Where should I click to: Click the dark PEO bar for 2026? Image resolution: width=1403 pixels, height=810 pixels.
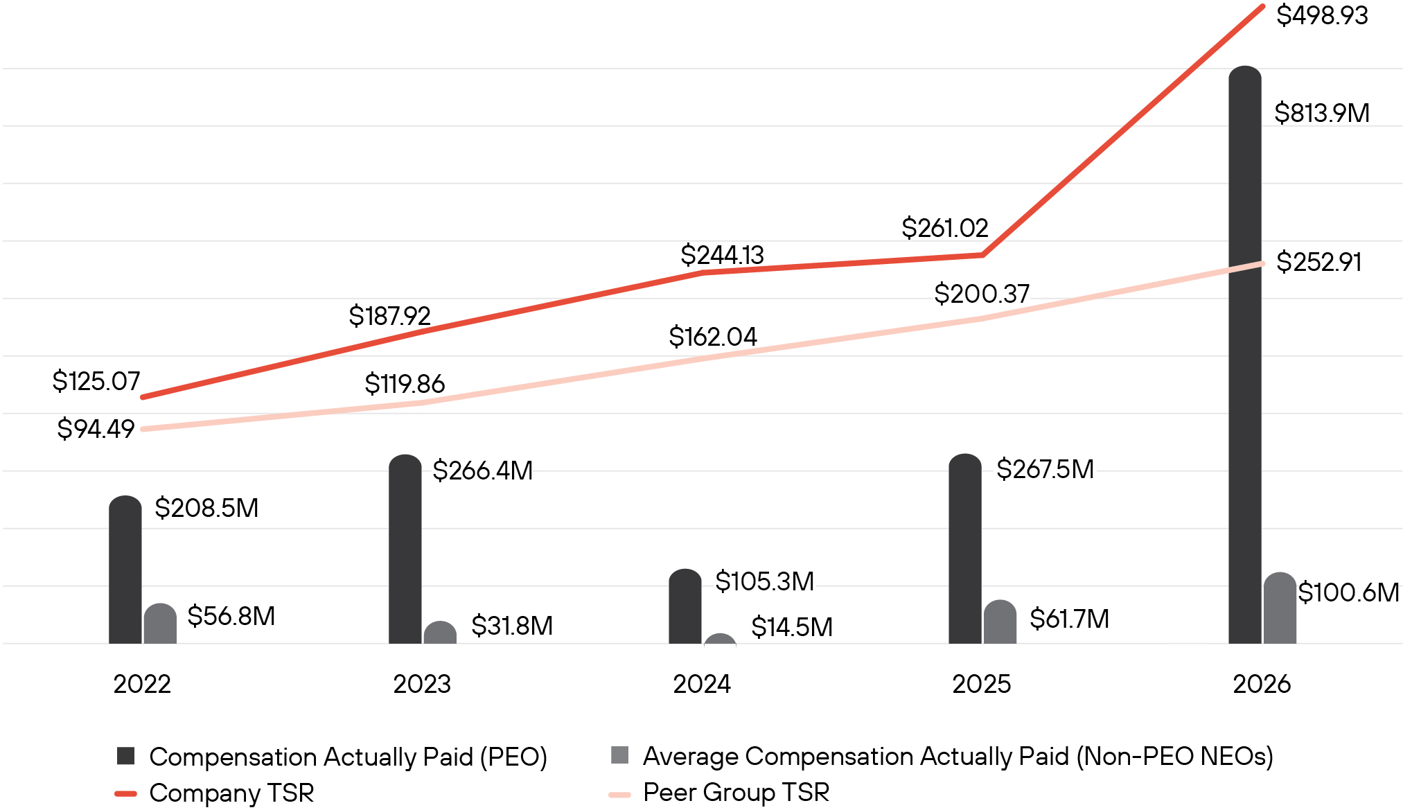(x=1244, y=355)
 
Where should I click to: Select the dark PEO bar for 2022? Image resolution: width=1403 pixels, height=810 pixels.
(x=125, y=570)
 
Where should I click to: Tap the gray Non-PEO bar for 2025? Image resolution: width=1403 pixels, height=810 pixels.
(x=1000, y=622)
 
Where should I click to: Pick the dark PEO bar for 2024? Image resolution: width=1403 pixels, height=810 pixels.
(x=685, y=606)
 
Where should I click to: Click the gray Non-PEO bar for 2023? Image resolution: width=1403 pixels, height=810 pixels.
(x=440, y=633)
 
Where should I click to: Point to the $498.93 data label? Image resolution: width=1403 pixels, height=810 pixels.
(x=1322, y=15)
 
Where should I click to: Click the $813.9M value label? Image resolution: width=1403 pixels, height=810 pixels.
(x=1322, y=113)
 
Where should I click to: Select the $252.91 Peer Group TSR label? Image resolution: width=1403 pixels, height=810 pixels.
(x=1318, y=262)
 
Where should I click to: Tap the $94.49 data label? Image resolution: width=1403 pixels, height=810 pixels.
(x=96, y=429)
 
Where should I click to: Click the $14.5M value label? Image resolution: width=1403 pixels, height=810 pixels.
(x=792, y=627)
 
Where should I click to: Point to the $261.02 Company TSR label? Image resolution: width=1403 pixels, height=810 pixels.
(x=944, y=228)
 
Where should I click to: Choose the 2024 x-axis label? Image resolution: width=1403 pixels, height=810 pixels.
(x=702, y=684)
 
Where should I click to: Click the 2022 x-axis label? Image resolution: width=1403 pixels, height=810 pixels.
(x=142, y=684)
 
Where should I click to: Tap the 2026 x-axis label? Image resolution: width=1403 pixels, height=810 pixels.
(x=1262, y=684)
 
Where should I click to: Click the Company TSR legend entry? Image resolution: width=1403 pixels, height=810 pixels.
(x=215, y=793)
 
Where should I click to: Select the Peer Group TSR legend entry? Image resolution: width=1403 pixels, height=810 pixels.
(x=719, y=793)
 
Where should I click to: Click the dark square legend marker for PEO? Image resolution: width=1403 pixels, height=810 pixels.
(x=125, y=756)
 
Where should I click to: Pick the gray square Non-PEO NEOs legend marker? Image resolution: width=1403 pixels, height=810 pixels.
(x=619, y=755)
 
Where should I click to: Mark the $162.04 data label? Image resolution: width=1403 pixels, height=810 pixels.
(x=712, y=337)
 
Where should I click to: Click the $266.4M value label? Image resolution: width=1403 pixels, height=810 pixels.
(x=482, y=470)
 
